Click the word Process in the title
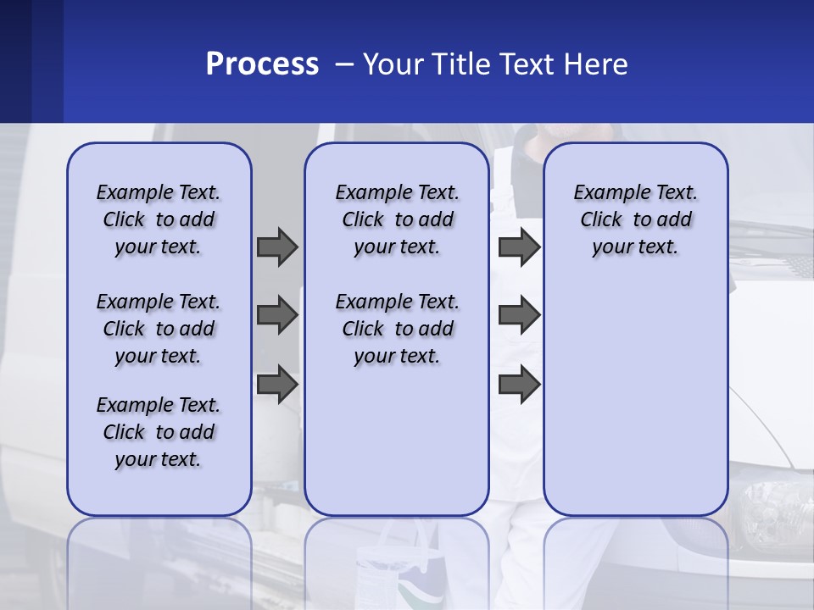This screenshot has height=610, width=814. (x=262, y=64)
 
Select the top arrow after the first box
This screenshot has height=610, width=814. (x=276, y=247)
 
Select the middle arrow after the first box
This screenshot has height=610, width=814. (x=276, y=315)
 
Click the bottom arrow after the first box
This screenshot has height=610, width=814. (x=276, y=385)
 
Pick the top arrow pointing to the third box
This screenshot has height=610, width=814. (x=519, y=247)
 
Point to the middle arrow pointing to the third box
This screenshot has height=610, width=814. (x=519, y=315)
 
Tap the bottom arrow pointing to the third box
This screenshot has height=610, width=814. (x=519, y=385)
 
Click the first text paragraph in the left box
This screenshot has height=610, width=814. (x=159, y=219)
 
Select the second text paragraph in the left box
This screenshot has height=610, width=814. (x=159, y=329)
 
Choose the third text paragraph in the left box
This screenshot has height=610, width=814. (x=159, y=432)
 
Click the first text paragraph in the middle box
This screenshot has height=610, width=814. (x=397, y=219)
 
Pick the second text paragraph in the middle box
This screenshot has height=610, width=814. (x=397, y=329)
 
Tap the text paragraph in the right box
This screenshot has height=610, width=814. (x=635, y=219)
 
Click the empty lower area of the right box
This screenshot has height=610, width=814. (x=635, y=398)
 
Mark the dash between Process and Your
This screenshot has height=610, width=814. (x=344, y=65)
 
